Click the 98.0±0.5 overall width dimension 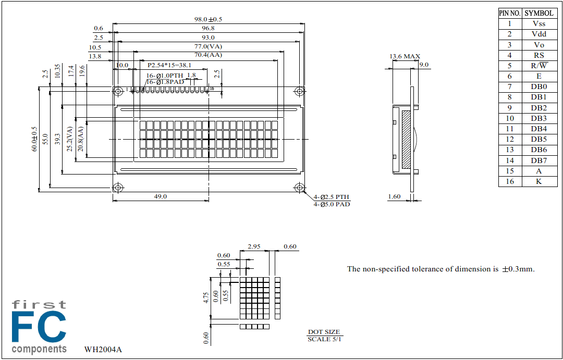tap(208, 19)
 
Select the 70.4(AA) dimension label tap(208, 55)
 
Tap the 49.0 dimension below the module tap(161, 196)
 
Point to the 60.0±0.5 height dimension tap(35, 139)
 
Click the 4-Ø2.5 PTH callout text tap(332, 197)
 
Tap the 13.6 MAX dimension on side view tap(405, 56)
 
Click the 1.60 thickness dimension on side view tap(394, 196)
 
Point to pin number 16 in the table tap(509, 181)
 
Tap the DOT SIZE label tap(324, 332)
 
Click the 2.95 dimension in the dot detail tap(254, 246)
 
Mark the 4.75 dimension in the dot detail tap(206, 297)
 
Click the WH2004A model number tap(103, 350)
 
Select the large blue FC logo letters tap(39, 327)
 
